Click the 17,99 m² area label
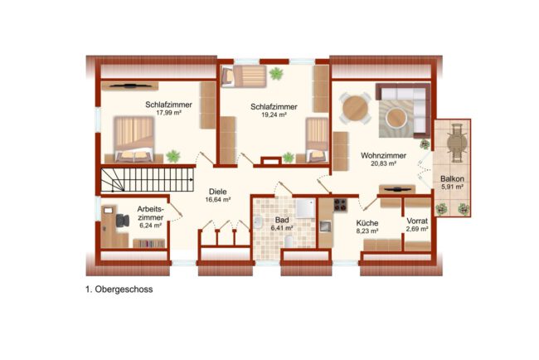pyautogui.click(x=168, y=113)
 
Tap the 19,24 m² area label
pyautogui.click(x=274, y=114)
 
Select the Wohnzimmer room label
pyautogui.click(x=383, y=156)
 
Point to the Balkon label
pyautogui.click(x=452, y=179)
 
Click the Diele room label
pyautogui.click(x=217, y=192)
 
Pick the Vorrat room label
pyautogui.click(x=417, y=221)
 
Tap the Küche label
pyautogui.click(x=367, y=223)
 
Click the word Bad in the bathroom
pyautogui.click(x=282, y=220)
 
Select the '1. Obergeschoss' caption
pyautogui.click(x=119, y=289)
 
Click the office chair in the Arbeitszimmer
pyautogui.click(x=122, y=221)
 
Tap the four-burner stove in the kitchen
pyautogui.click(x=340, y=205)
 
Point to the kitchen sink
pyautogui.click(x=325, y=226)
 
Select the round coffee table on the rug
pyautogui.click(x=396, y=118)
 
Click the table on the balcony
pyautogui.click(x=457, y=143)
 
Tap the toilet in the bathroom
pyautogui.click(x=289, y=241)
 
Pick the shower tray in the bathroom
pyautogui.click(x=305, y=207)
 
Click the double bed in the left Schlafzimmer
pyautogui.click(x=134, y=139)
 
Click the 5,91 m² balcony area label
pyautogui.click(x=453, y=187)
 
